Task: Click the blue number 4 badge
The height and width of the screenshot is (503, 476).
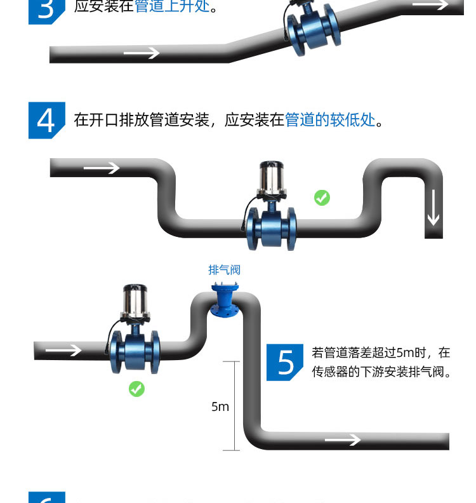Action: click(x=46, y=119)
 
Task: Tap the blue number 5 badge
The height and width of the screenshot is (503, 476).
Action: click(x=285, y=362)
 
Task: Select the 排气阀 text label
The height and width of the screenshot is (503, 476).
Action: click(x=225, y=270)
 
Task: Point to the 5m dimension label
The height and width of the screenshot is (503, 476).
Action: click(x=220, y=406)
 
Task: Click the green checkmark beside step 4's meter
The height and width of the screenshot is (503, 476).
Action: click(x=322, y=198)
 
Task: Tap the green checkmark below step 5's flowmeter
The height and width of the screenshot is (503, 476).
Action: click(x=136, y=389)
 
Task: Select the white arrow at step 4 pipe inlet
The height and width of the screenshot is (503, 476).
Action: click(x=102, y=168)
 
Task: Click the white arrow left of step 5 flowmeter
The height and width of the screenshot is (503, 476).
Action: click(x=64, y=351)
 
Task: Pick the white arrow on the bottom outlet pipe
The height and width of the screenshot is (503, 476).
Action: click(x=343, y=440)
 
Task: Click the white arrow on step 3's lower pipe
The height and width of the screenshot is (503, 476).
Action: click(x=141, y=53)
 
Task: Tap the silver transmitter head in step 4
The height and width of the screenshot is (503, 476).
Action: click(x=272, y=178)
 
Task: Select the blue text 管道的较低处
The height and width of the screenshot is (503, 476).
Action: click(x=330, y=120)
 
